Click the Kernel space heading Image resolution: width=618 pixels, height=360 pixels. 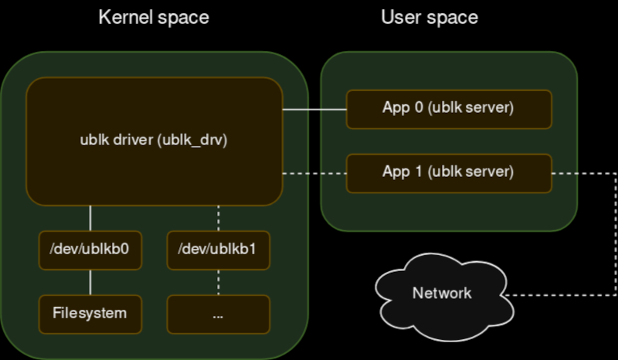coord(153,17)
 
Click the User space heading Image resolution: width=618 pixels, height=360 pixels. coord(430,17)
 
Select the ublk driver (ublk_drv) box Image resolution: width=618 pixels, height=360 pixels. coord(154,141)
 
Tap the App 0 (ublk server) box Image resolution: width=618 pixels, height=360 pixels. coord(448,109)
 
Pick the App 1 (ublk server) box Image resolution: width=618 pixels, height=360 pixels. coord(448,172)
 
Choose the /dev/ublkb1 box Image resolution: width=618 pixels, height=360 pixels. coord(219,250)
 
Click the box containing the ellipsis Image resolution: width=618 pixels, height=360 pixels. coord(219,314)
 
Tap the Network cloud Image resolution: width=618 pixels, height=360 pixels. coord(441,294)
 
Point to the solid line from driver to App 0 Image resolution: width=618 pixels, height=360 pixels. coord(314,110)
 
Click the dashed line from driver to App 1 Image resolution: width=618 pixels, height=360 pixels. coord(314,173)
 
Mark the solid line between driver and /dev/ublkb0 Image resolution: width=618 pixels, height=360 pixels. coord(90,218)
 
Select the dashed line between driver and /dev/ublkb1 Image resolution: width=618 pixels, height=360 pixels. coord(219,218)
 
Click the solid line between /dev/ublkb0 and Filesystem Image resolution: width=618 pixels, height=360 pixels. coord(90,282)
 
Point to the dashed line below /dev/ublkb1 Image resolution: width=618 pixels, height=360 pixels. coord(219,282)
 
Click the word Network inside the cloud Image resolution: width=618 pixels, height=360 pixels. coord(441,294)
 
